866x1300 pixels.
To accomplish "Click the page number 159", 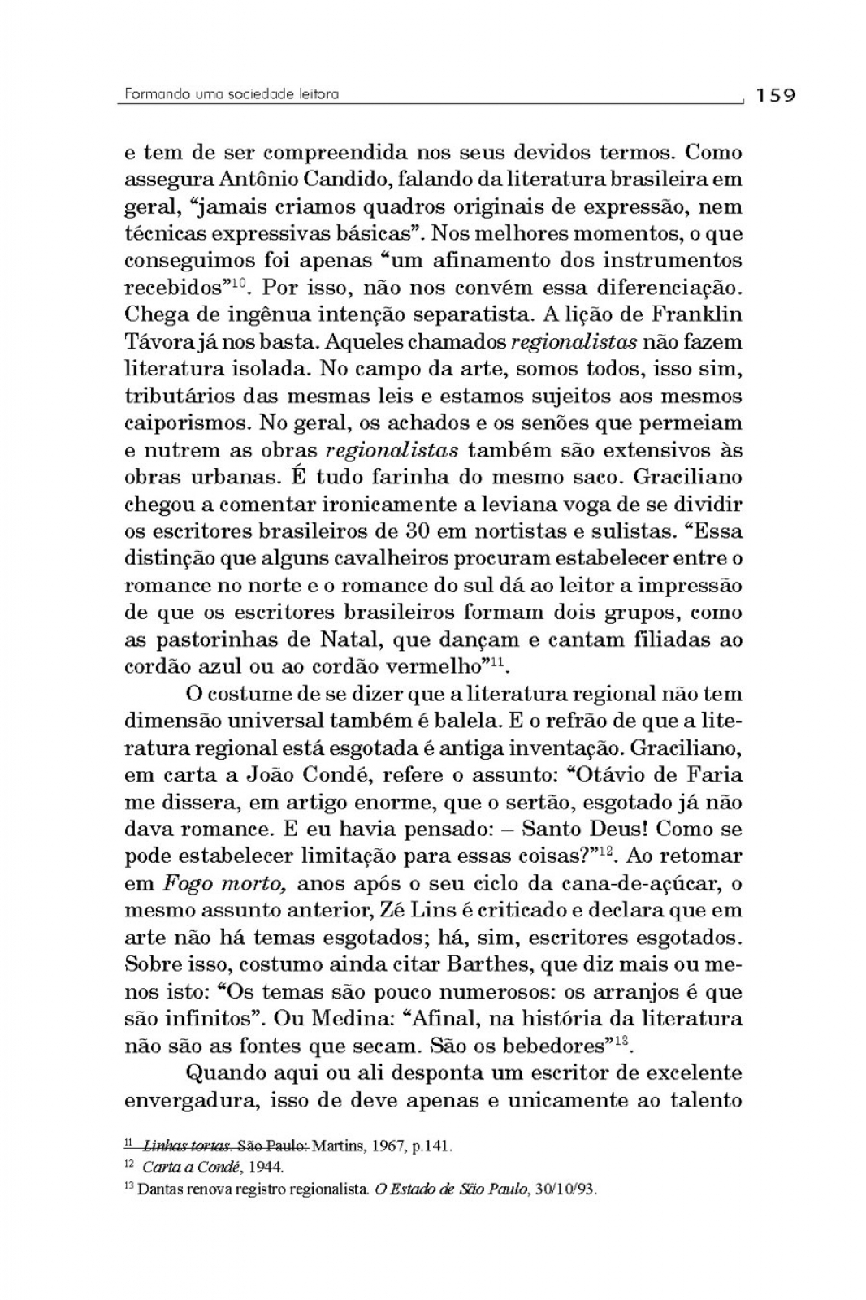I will pyautogui.click(x=775, y=96).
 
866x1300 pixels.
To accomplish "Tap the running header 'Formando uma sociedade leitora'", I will pyautogui.click(x=232, y=94).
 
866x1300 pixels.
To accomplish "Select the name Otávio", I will pyautogui.click(x=615, y=774).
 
